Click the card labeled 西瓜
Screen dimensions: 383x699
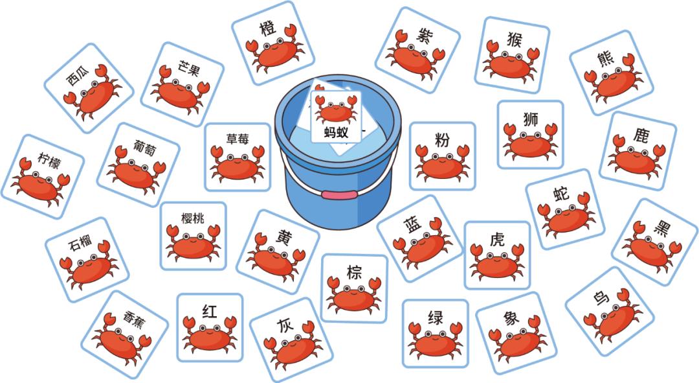pyautogui.click(x=88, y=87)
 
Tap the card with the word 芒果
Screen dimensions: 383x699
pyautogui.click(x=182, y=84)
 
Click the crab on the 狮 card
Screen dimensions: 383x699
pyautogui.click(x=529, y=141)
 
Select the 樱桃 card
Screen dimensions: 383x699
pyautogui.click(x=193, y=235)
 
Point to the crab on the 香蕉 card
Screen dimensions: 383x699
pyautogui.click(x=119, y=342)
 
